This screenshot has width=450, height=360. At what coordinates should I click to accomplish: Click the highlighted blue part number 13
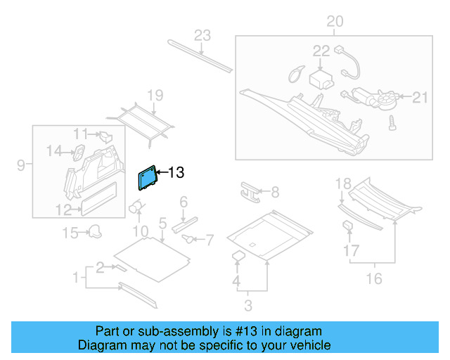click(x=147, y=178)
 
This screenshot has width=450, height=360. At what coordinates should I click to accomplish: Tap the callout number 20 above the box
click(x=335, y=22)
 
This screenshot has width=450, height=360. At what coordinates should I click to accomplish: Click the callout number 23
click(x=202, y=35)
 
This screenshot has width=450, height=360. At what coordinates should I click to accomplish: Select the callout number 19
click(x=155, y=95)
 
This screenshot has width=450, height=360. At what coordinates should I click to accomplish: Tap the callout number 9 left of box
click(x=21, y=165)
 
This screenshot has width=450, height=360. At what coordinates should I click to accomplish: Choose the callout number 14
click(x=54, y=149)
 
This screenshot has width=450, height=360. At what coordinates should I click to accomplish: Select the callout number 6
click(x=184, y=202)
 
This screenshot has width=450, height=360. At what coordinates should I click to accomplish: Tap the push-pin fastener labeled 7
click(x=189, y=239)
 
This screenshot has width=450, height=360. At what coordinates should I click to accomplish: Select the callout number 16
click(x=374, y=279)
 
